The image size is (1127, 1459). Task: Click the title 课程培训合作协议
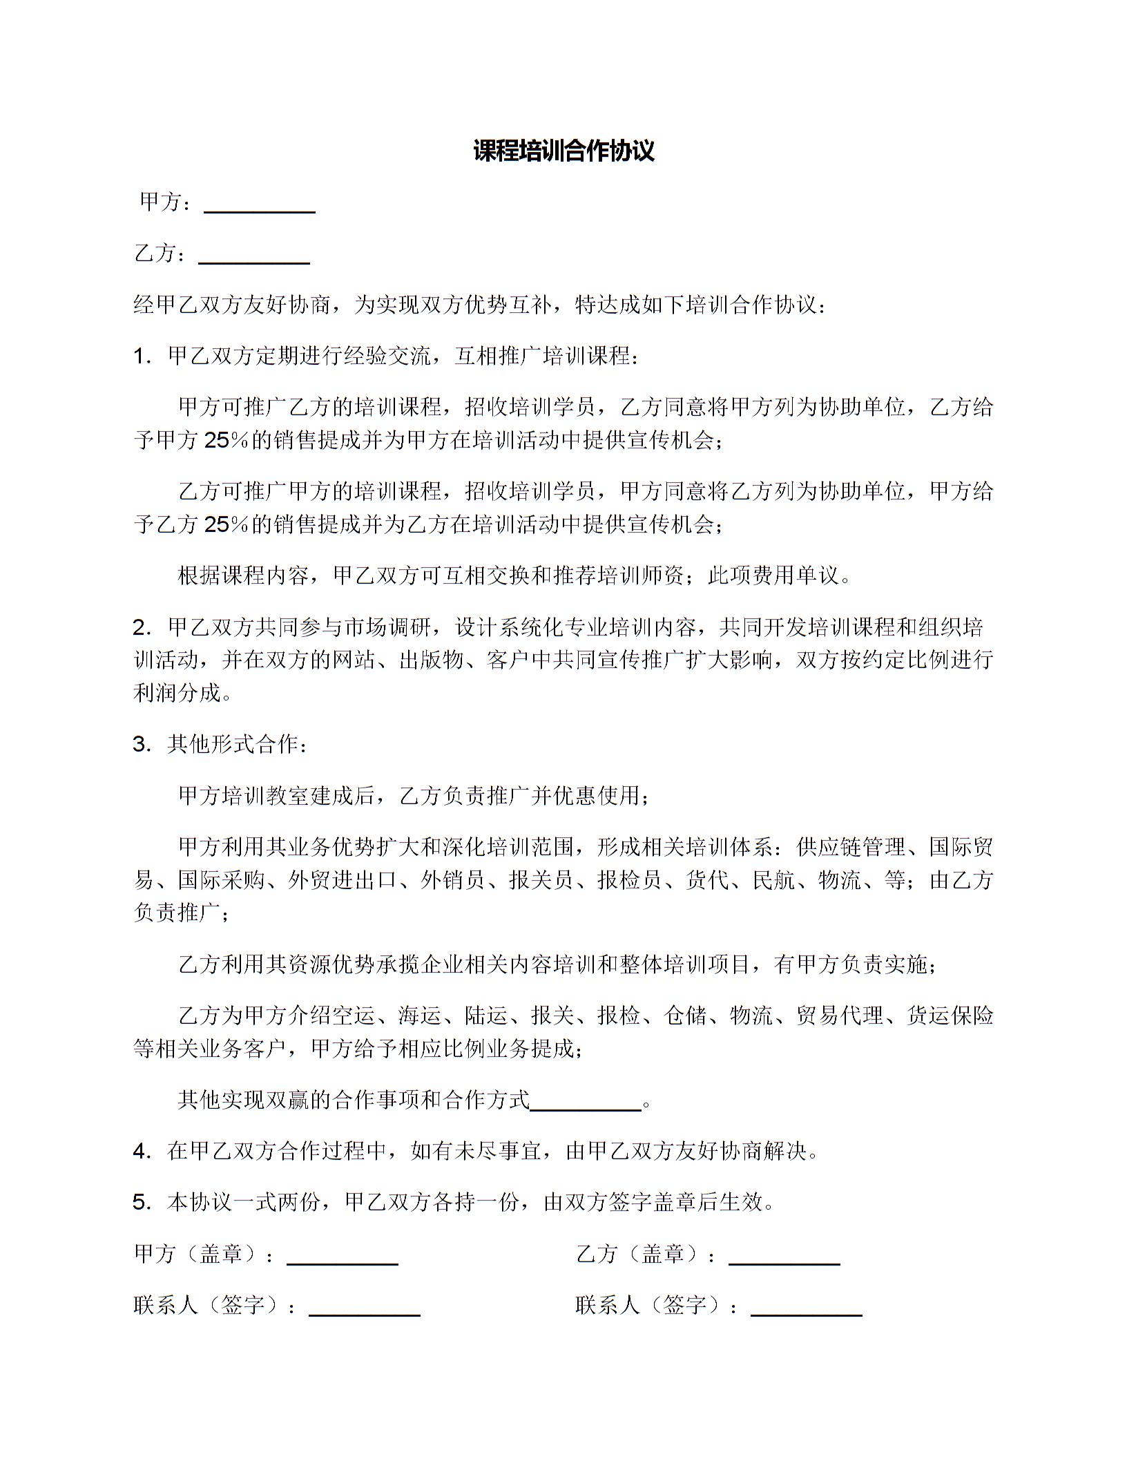coord(563,151)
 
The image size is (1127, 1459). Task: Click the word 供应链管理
coord(851,847)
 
